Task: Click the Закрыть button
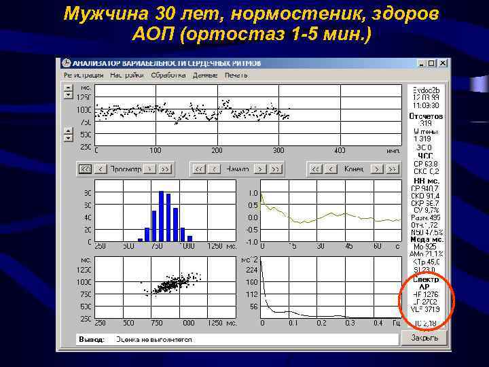425,337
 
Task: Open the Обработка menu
166,75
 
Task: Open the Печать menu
236,75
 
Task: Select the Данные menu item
204,75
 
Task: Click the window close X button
442,64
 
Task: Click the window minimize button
421,64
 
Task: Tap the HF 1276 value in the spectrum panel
426,294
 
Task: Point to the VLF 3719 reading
426,309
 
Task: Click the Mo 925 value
426,247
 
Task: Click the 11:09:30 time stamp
426,105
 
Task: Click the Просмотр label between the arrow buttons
126,169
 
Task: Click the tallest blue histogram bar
162,216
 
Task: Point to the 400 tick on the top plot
339,150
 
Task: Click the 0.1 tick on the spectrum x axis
293,323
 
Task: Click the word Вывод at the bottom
92,339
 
